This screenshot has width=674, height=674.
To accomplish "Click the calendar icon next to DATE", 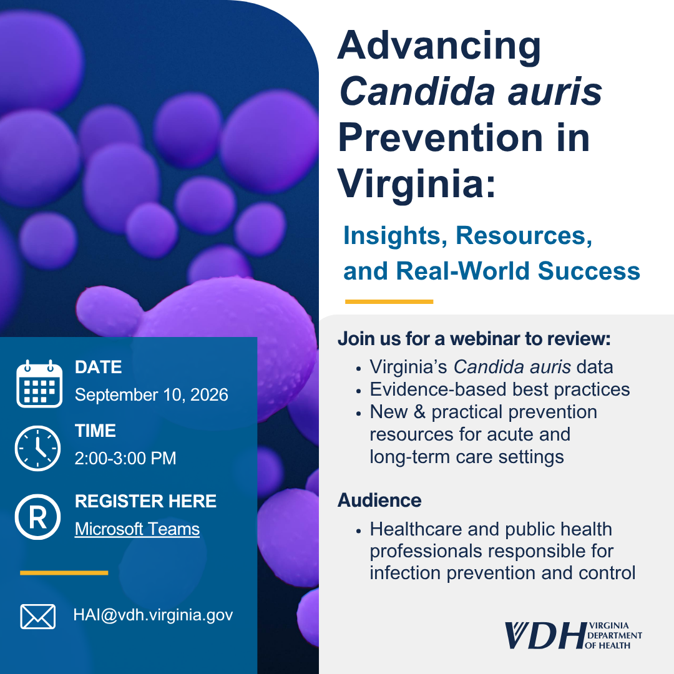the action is click(39, 383).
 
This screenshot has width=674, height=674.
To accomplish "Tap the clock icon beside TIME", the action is click(38, 448).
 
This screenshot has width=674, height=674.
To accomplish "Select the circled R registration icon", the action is click(38, 517).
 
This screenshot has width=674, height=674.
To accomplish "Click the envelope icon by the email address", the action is click(38, 617).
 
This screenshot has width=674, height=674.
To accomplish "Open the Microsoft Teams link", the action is click(137, 529).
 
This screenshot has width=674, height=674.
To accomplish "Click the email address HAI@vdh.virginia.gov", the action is click(153, 615).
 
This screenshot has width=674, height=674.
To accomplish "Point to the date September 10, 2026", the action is click(151, 394).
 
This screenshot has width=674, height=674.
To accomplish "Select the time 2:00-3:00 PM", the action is click(125, 458).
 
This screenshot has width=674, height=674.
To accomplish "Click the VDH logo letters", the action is click(545, 635).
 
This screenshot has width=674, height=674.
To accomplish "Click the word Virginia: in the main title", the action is click(416, 184).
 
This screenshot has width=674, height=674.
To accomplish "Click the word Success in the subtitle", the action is click(589, 271).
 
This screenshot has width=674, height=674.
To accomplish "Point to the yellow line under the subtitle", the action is click(389, 302).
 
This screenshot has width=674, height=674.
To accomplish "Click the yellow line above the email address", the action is click(64, 572).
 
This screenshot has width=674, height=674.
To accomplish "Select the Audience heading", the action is click(379, 501).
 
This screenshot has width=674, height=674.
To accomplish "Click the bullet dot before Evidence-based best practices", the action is click(358, 391).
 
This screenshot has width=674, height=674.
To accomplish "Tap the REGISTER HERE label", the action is click(145, 501).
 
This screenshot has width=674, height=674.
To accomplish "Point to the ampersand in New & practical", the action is click(419, 412).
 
